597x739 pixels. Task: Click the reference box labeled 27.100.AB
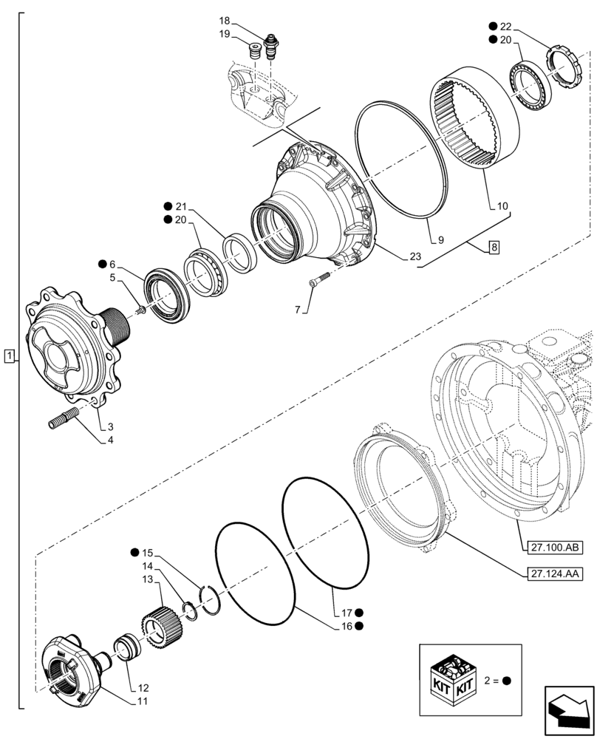555,548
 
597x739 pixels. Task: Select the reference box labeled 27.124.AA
555,573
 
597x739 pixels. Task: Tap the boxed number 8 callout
493,248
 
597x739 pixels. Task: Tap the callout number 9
439,240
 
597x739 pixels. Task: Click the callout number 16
345,626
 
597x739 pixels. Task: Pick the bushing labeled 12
126,650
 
